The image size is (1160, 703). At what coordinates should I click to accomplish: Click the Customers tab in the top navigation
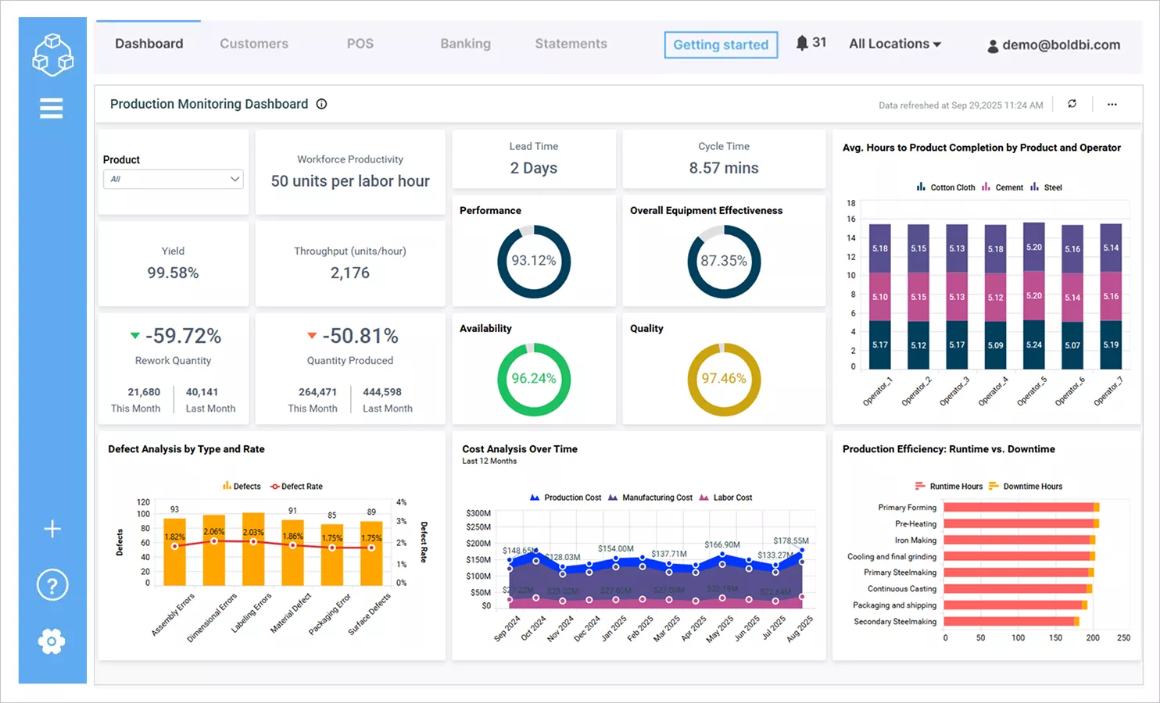point(253,44)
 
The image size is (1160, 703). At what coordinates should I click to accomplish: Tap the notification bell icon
point(802,43)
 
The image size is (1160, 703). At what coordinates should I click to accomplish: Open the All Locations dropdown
point(894,44)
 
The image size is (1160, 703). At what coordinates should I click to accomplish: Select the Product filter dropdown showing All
point(173,179)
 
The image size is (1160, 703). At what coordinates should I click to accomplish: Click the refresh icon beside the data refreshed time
point(1072,104)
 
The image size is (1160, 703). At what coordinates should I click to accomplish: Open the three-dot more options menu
point(1112,104)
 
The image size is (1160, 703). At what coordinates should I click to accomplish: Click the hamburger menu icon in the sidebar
point(52,108)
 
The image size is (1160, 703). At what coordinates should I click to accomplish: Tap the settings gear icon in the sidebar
point(52,641)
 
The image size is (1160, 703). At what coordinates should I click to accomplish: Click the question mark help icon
point(52,584)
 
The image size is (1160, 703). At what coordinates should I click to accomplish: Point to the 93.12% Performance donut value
point(534,261)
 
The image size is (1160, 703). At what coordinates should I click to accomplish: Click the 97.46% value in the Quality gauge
point(723,379)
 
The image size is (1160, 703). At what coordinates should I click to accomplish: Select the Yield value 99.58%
point(173,273)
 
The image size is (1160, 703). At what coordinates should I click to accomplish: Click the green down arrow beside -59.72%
point(135,336)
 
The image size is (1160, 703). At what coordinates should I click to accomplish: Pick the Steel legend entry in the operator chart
point(1047,187)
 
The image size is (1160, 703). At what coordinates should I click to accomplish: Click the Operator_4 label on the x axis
point(993,391)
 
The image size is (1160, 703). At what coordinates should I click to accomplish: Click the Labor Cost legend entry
point(726,498)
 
